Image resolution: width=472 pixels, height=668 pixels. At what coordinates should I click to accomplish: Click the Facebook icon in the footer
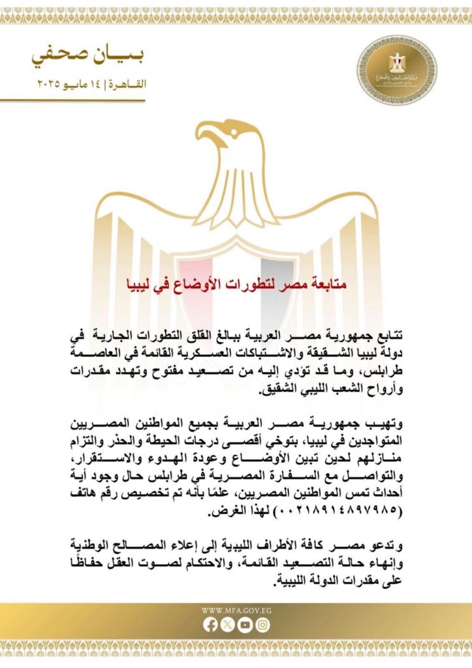pyautogui.click(x=210, y=624)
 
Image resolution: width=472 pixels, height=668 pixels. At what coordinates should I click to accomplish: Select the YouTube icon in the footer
pyautogui.click(x=245, y=624)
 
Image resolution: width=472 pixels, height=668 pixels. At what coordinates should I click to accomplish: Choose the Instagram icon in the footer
pyautogui.click(x=262, y=624)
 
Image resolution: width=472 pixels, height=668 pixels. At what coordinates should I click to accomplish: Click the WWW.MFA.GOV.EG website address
pyautogui.click(x=236, y=611)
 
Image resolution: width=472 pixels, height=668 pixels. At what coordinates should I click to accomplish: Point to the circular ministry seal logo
pyautogui.click(x=397, y=70)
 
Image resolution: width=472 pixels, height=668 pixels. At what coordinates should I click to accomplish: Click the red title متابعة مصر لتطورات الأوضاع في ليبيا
pyautogui.click(x=236, y=284)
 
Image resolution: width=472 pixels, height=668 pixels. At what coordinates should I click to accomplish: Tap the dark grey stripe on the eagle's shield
pyautogui.click(x=277, y=274)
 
